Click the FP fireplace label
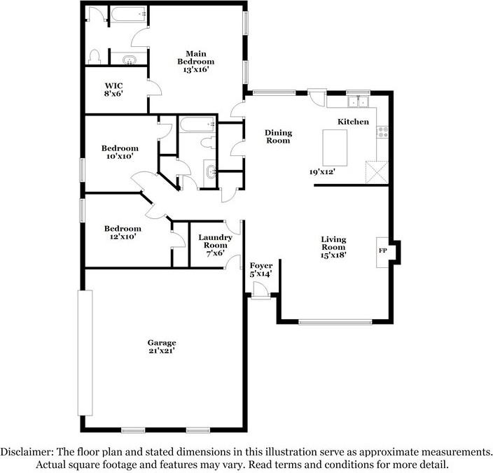382,250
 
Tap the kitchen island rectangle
335,148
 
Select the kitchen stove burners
382,132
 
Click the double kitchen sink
358,101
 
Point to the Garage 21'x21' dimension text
162,351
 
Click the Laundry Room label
216,241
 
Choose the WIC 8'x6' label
113,90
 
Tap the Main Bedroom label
196,57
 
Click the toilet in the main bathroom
94,57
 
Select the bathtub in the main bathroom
129,14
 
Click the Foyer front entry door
261,290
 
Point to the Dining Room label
278,136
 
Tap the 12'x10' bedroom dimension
123,236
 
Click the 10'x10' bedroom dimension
120,156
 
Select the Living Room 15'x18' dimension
333,255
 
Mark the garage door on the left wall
85,353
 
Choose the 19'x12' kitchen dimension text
322,172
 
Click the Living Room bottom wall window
335,322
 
